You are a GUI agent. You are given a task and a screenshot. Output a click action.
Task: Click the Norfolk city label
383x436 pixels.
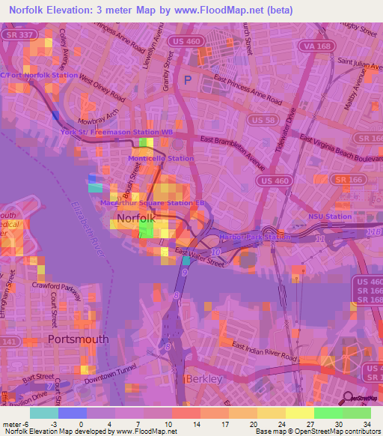coord(135,219)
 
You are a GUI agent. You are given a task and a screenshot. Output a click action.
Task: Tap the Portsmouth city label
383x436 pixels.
coord(78,339)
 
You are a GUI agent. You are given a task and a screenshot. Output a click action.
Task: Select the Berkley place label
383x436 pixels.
coord(204,379)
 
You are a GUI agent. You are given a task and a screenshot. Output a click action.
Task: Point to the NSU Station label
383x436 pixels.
coord(329,217)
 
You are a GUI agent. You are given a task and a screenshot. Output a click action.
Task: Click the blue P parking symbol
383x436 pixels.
coord(188,78)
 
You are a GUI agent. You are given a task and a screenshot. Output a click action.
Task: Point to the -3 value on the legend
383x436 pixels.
coord(55,423)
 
